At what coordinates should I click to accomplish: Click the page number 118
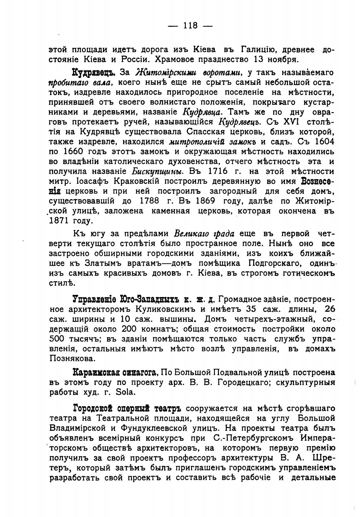point(190,25)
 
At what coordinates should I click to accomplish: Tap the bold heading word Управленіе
point(95,299)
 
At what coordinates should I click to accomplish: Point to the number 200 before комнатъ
point(129,329)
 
